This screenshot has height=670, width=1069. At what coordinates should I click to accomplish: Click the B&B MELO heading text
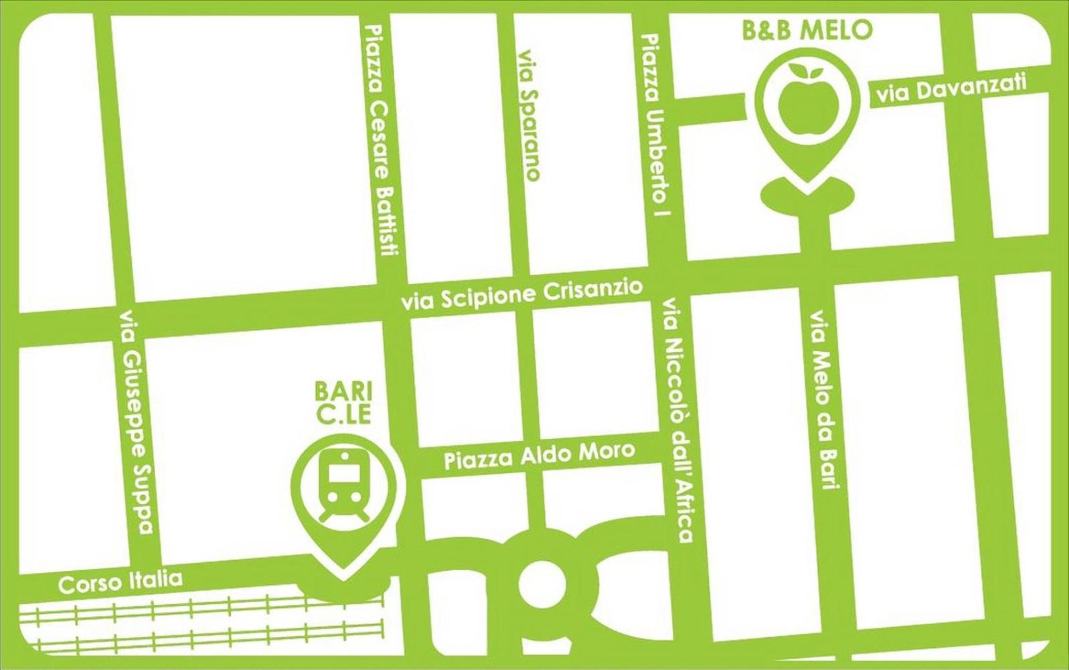click(x=807, y=29)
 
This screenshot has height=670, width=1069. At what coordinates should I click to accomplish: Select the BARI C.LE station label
click(x=343, y=402)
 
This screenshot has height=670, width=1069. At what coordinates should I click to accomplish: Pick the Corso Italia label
click(x=120, y=581)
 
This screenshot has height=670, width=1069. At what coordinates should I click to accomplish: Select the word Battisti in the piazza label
click(x=386, y=221)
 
